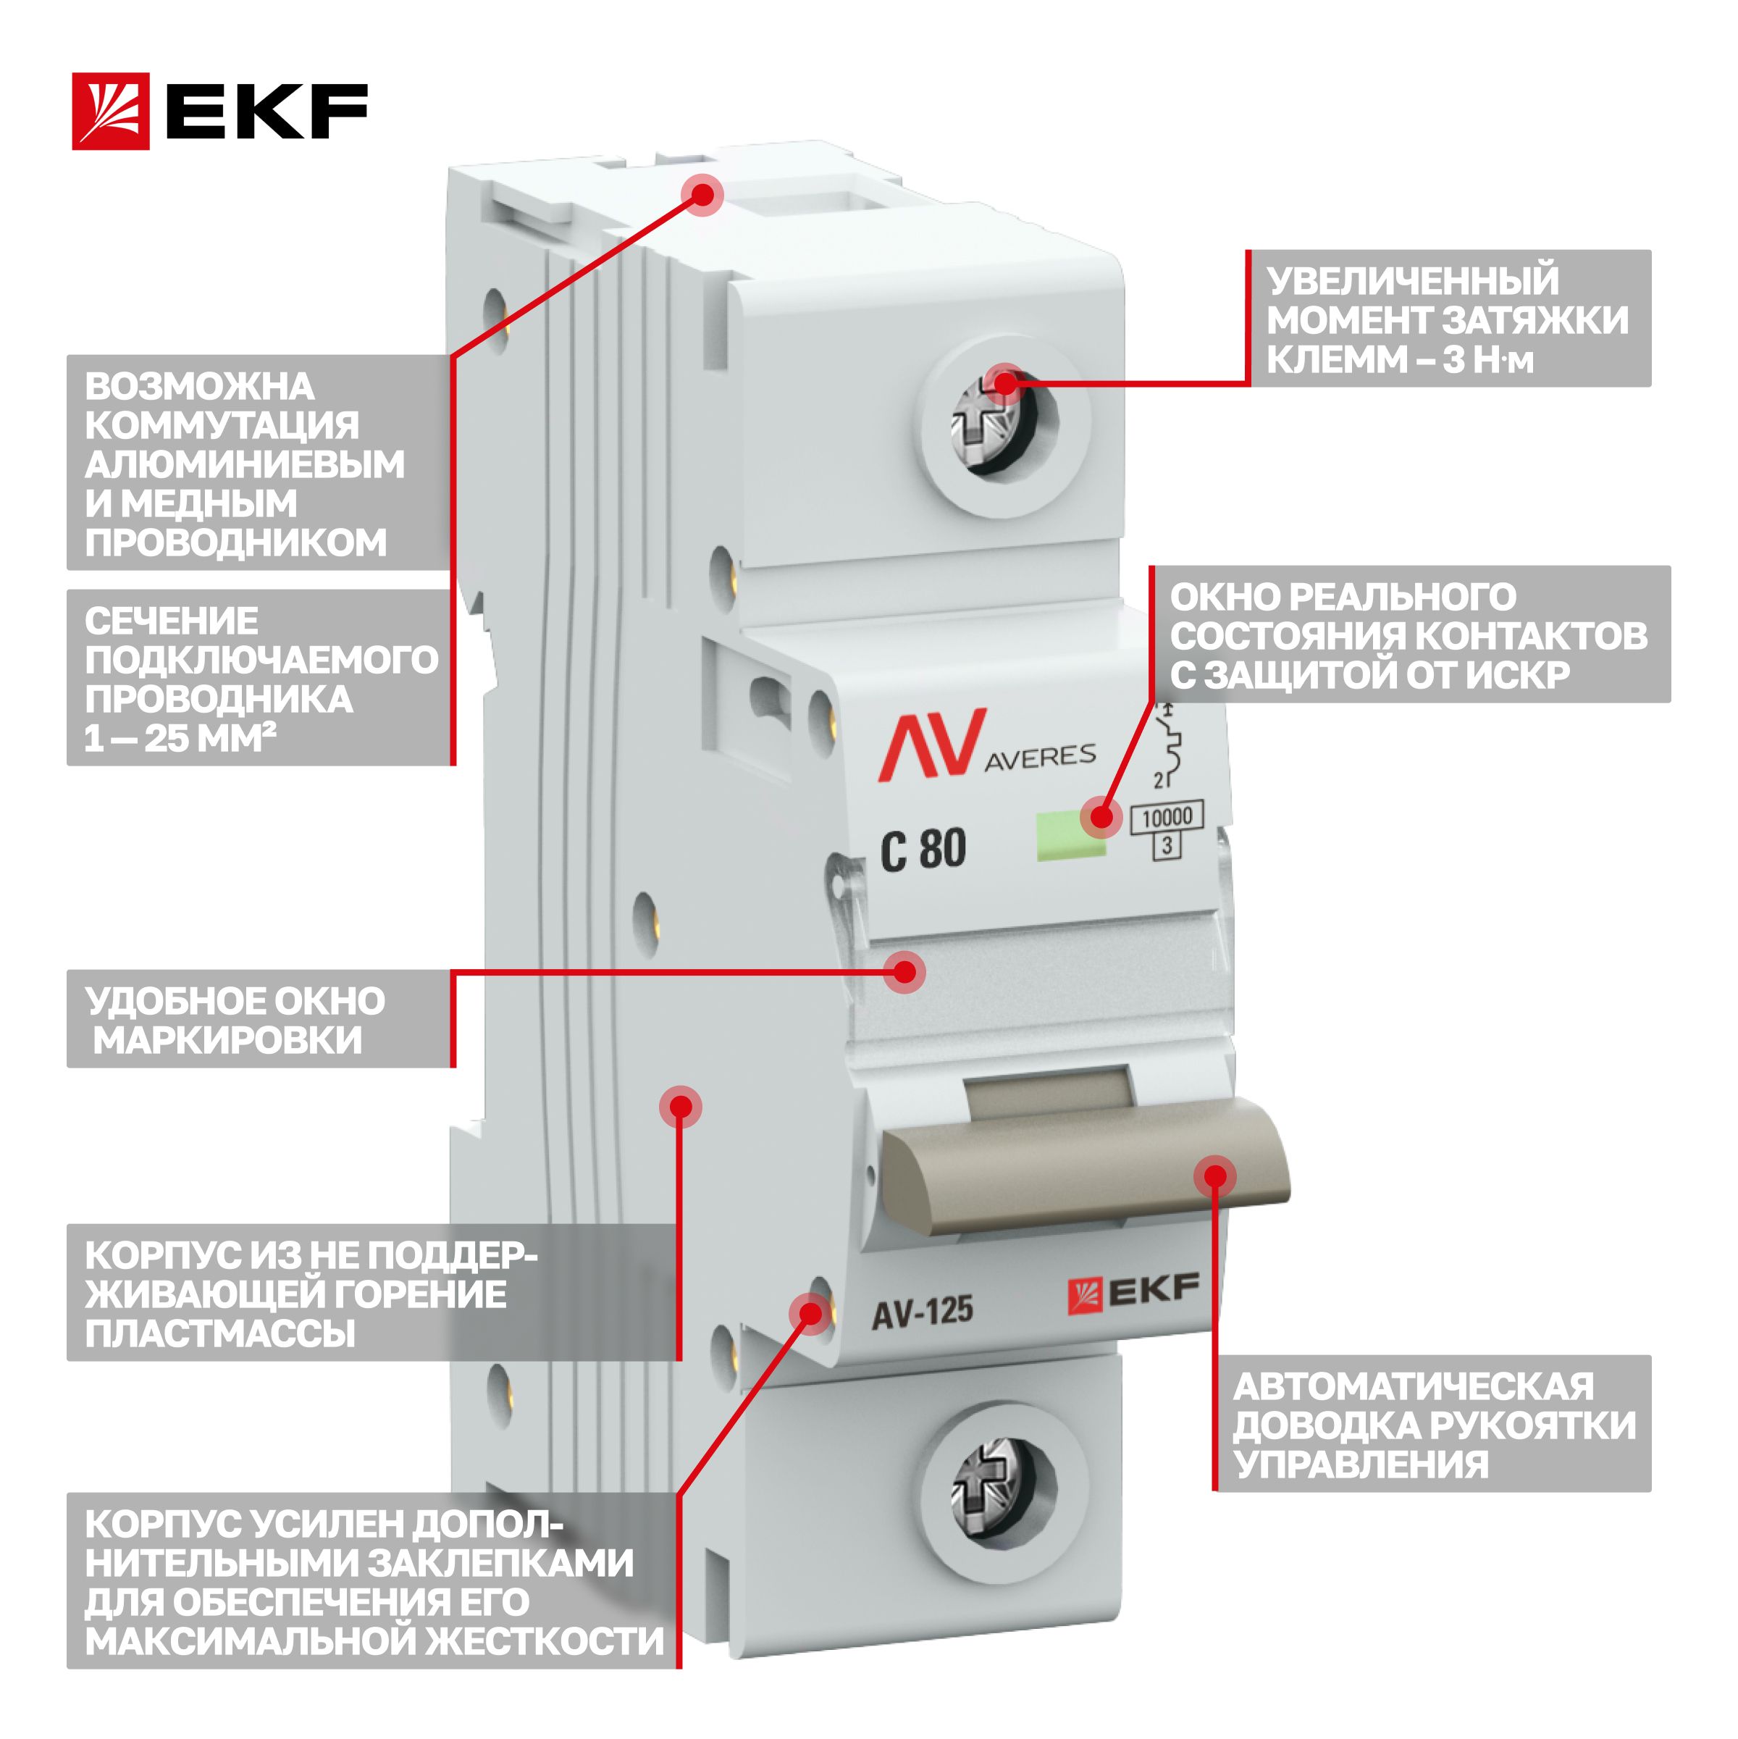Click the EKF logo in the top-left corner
pos(219,111)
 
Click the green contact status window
pos(1071,835)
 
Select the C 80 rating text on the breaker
pos(923,849)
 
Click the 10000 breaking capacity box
pos(1167,817)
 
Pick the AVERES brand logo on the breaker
pos(986,745)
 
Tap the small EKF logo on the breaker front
pos(1133,1294)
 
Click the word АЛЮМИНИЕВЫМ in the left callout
pos(245,464)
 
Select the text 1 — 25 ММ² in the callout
pos(180,738)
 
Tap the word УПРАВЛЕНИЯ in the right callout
pos(1361,1464)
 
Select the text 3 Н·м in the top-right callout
pos(1487,359)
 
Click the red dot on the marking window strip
pos(904,972)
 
